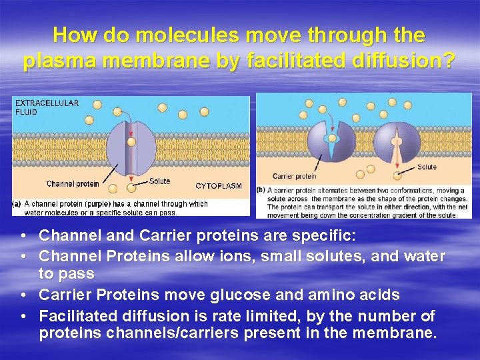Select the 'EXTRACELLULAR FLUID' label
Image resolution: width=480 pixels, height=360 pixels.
[x=47, y=107]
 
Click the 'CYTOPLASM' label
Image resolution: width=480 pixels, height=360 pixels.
[x=218, y=186]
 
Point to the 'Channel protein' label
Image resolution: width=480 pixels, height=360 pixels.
[x=72, y=183]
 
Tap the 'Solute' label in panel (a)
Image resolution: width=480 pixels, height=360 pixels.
[x=159, y=181]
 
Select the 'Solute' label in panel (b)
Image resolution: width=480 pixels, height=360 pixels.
[x=427, y=167]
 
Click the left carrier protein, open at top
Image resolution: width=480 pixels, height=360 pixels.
[x=325, y=142]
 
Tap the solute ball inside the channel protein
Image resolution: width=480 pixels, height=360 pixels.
[x=132, y=141]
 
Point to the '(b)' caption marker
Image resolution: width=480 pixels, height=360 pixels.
[x=261, y=190]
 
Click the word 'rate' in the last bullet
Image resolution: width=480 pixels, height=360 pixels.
[x=219, y=315]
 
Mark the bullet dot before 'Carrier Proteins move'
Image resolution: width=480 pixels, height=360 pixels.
[x=23, y=295]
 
